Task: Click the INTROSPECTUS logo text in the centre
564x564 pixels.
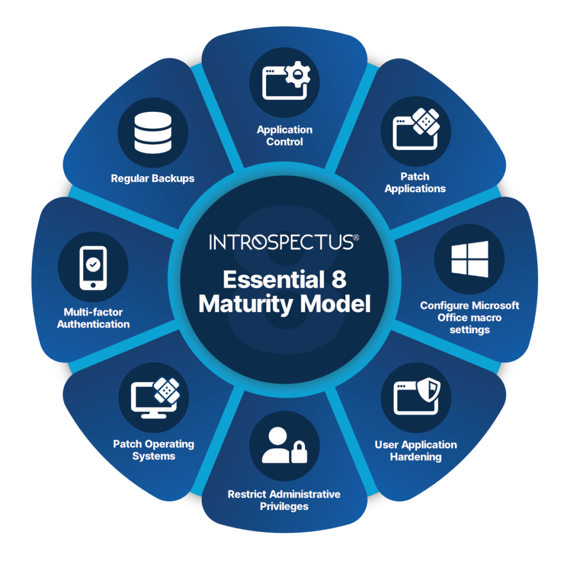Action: (281, 242)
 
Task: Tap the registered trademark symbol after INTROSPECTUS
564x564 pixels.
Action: (357, 237)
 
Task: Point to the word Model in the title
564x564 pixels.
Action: (340, 304)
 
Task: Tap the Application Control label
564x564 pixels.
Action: (285, 135)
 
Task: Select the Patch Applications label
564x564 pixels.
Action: (415, 182)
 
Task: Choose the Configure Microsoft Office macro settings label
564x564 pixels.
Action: (469, 317)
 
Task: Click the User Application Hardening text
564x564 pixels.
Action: (416, 451)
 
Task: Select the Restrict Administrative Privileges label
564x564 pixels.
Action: (284, 500)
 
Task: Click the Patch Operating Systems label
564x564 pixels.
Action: (154, 450)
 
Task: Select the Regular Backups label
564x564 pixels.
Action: (153, 178)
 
